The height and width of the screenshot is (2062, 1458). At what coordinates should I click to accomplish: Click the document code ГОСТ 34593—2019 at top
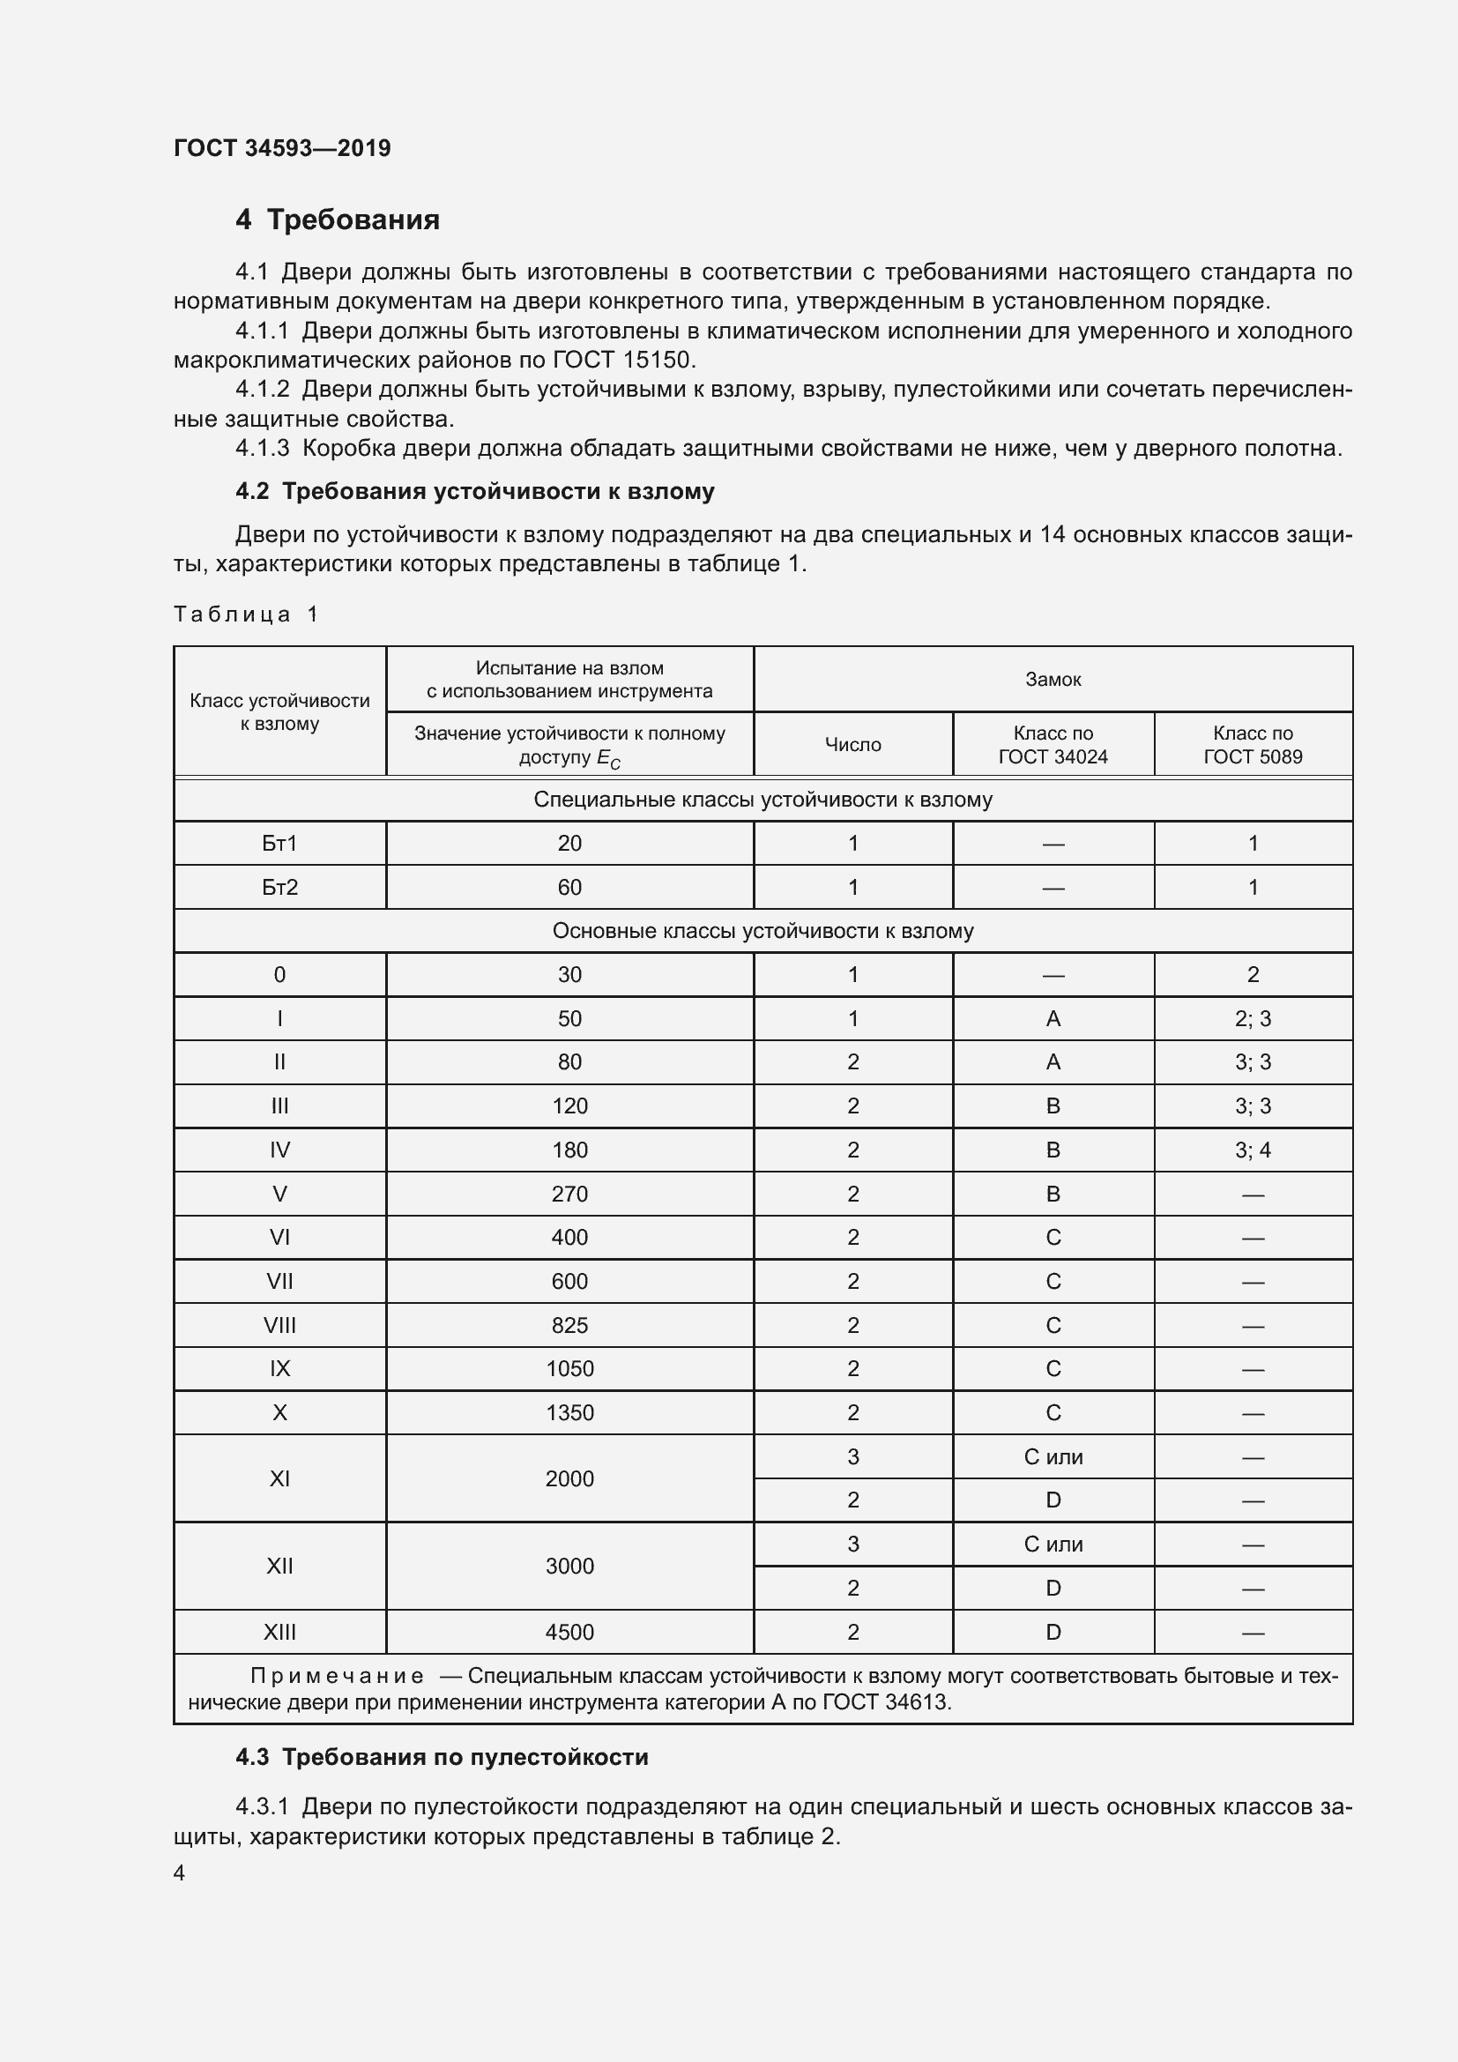tap(282, 148)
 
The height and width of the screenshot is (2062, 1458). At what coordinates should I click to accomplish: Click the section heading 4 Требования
tap(338, 220)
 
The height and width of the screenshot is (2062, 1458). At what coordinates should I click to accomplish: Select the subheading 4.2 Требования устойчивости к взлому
tap(475, 491)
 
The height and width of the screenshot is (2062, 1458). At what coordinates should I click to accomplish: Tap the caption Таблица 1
tap(246, 614)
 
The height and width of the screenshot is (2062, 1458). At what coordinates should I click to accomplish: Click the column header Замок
tap(1053, 680)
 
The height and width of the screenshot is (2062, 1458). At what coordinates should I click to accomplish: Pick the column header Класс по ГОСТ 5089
tap(1253, 745)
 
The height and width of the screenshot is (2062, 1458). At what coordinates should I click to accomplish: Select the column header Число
tap(852, 745)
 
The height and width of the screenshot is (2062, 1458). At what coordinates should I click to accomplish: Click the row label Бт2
tap(279, 888)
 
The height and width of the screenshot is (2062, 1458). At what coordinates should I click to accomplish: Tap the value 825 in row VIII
tap(569, 1326)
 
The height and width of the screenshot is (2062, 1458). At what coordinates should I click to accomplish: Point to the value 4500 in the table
tap(569, 1632)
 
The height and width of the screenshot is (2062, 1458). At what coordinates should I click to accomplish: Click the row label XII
tap(279, 1567)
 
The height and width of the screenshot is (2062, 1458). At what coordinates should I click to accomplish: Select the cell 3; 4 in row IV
tap(1253, 1150)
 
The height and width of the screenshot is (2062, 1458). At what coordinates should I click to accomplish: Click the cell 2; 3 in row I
tap(1253, 1018)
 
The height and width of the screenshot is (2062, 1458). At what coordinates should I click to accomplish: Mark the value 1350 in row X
tap(569, 1412)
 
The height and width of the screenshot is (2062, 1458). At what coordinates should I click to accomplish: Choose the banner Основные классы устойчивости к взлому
tap(762, 931)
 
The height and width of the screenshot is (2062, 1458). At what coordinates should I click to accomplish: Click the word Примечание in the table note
tap(337, 1676)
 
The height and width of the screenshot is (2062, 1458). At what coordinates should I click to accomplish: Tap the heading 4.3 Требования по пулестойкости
tap(442, 1758)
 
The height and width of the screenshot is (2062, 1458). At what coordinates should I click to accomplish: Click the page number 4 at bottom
tap(180, 1873)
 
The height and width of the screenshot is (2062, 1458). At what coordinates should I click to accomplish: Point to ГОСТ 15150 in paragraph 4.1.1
tap(623, 361)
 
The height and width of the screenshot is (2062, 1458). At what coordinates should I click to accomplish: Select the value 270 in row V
tap(569, 1195)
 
